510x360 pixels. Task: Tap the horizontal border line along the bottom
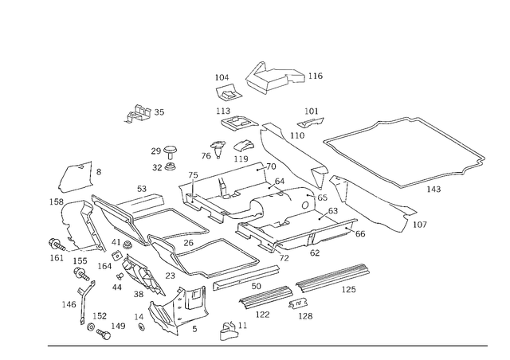[267, 346]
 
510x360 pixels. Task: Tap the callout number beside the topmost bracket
[315, 76]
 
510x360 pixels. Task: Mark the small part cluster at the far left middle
[61, 243]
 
